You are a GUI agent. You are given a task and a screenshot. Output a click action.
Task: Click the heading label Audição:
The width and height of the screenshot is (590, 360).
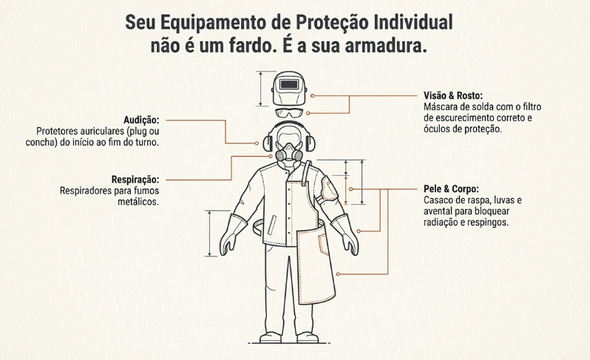[141, 120]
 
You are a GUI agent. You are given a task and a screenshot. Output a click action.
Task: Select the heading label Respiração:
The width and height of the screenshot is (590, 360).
[135, 179]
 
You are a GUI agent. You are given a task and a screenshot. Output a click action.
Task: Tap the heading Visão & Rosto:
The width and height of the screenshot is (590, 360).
[453, 95]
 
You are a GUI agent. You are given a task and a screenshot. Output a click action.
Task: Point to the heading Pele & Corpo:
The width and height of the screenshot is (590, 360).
[451, 189]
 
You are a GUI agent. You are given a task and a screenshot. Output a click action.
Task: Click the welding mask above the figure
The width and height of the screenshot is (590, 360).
[289, 89]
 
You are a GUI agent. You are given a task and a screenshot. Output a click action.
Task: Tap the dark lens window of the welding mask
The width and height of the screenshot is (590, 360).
[288, 84]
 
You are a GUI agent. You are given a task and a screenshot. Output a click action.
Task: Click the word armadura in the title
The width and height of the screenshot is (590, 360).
[386, 46]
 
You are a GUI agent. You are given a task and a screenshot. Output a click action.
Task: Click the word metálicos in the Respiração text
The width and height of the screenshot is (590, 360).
[138, 202]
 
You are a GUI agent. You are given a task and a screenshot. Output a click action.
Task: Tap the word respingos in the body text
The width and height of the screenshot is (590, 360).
[488, 223]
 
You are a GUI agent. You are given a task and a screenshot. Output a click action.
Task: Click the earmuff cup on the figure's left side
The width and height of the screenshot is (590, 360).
[268, 143]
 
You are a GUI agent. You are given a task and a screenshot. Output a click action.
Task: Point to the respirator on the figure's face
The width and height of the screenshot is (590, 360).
[288, 153]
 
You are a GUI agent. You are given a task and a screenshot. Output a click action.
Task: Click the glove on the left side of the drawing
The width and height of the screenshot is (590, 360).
[232, 235]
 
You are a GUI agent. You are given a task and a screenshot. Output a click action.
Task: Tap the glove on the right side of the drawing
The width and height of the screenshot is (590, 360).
[345, 235]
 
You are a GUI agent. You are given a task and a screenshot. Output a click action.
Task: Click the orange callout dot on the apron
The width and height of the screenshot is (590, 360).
[338, 274]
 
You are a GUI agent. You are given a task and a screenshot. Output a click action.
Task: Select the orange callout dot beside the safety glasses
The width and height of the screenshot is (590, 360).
[308, 113]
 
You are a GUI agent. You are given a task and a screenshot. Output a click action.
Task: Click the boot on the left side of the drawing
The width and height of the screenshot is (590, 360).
[270, 337]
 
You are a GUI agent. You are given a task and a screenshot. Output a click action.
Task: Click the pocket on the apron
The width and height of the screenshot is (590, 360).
[323, 244]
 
